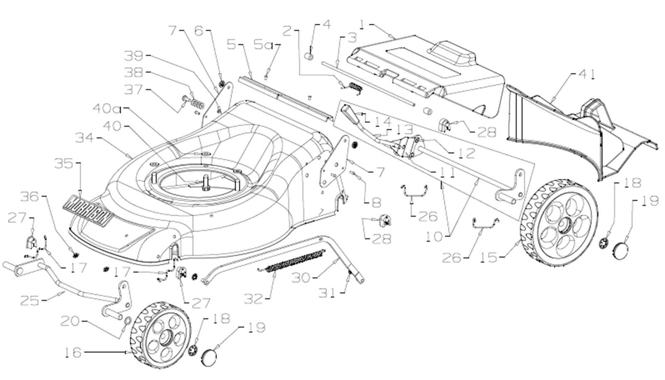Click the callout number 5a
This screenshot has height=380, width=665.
[264, 44]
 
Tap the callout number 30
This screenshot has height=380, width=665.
[302, 277]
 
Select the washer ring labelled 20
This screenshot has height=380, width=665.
[128, 321]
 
